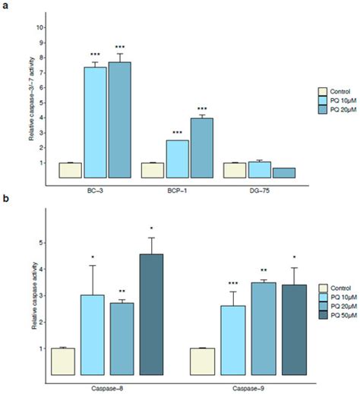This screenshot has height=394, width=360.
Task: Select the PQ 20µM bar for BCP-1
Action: click(x=201, y=148)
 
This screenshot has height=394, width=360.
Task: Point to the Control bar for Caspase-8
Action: click(x=62, y=361)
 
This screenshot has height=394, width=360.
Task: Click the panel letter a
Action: click(x=5, y=6)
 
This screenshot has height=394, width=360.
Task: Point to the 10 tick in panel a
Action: click(x=39, y=27)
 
